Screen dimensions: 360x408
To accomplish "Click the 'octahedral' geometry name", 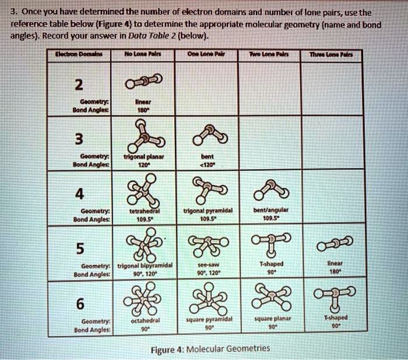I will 142,320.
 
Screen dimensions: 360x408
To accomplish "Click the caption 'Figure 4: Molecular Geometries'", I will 210,349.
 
